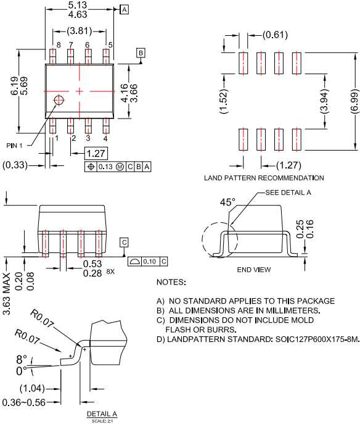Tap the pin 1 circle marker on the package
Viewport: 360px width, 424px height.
tap(59, 99)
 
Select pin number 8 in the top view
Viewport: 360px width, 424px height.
tap(59, 45)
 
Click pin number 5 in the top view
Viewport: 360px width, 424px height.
tap(110, 45)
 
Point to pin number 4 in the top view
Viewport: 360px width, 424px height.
tap(106, 138)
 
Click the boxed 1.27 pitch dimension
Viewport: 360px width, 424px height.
tap(96, 152)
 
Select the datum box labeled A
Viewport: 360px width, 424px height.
tap(125, 10)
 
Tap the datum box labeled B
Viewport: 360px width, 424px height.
tap(141, 53)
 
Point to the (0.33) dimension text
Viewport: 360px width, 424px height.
tap(16, 165)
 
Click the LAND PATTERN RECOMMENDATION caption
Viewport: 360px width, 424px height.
tap(264, 178)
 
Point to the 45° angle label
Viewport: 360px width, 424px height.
tap(227, 202)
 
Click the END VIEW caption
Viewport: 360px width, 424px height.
tap(253, 270)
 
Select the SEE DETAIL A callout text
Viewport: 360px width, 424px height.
tap(288, 193)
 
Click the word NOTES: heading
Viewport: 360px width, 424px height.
tap(171, 282)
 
